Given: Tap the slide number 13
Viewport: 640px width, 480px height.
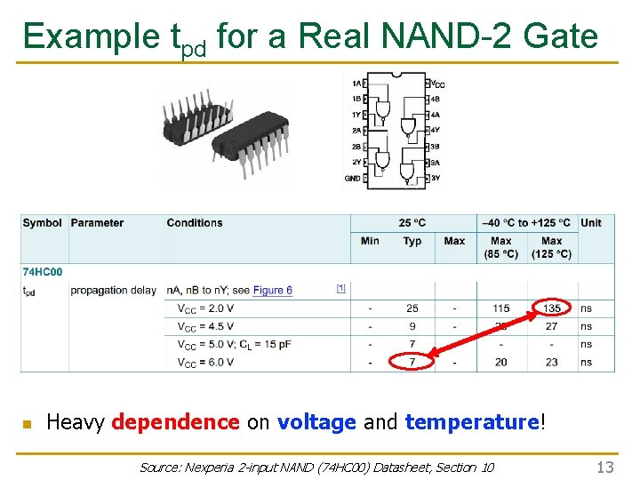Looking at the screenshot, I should pos(605,468).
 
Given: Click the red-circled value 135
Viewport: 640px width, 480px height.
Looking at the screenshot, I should pos(552,308).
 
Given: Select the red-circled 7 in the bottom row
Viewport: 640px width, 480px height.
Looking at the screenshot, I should pos(412,362).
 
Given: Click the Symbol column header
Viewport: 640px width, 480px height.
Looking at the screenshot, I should pos(43,223).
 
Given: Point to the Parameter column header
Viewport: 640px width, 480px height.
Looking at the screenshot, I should pos(97,223).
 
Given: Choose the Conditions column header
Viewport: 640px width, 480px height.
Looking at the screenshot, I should pos(195,223).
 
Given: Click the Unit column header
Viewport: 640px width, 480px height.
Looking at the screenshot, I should pos(591,223).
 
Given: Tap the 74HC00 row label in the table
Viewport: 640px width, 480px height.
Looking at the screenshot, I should pos(43,272).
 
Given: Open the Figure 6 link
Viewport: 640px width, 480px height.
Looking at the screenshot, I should pos(272,291).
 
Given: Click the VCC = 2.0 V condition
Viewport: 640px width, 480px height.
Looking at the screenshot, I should pos(205,308).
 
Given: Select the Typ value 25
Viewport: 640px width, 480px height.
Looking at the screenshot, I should pos(412,308).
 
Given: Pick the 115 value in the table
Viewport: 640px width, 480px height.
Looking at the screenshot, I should pos(501,308).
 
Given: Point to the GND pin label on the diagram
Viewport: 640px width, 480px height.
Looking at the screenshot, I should pos(352,179).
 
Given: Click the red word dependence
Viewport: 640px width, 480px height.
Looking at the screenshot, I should pos(175,422).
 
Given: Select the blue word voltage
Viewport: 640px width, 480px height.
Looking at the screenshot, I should pos(316,422).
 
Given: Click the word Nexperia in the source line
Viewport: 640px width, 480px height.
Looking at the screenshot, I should pos(218,468).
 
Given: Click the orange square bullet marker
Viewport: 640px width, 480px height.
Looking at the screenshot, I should pos(27,424).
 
